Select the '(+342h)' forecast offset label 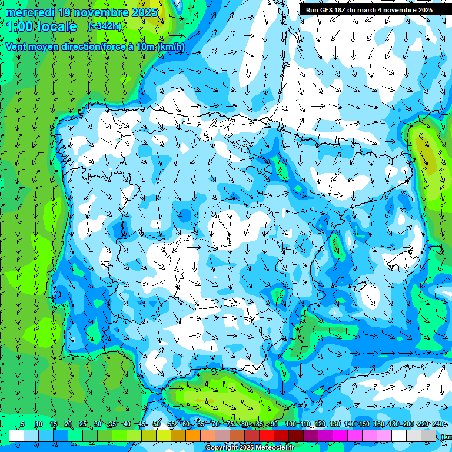pos(104,26)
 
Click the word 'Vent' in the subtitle pos(16,46)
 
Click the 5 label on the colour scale pos(22,424)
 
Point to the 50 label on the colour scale pos(156,424)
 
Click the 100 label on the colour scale pos(291,424)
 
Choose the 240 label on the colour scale pos(437,424)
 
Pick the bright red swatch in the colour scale pos(267,436)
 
